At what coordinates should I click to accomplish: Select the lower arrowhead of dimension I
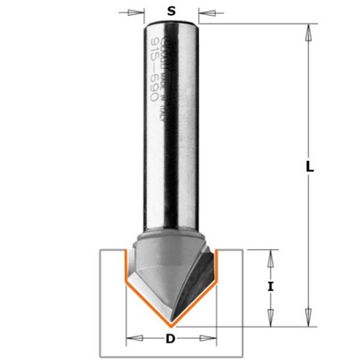click(x=269, y=319)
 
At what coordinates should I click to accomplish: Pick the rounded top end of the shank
click(x=171, y=24)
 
